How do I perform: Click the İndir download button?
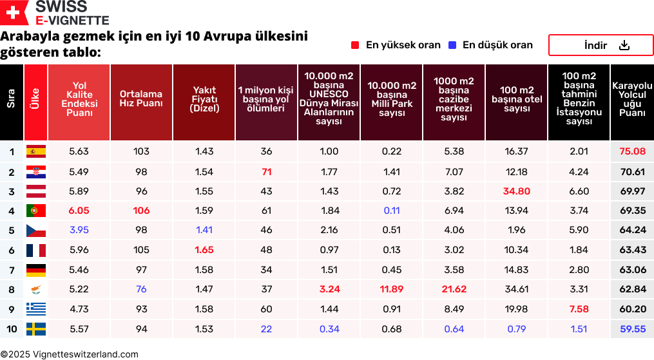coord(601,45)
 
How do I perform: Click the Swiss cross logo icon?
coord(14,13)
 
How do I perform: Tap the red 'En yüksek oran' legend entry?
coord(396,45)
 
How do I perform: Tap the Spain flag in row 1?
coord(35,152)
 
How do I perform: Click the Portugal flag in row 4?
coord(35,211)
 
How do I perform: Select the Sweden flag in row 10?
coord(35,330)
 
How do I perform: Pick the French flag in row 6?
coord(35,251)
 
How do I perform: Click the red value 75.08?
coord(632,152)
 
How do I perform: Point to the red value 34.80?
coord(517,191)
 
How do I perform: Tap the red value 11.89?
coord(392,290)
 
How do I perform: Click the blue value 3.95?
coord(79,231)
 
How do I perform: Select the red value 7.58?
coord(579,310)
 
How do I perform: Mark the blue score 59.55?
coord(632,330)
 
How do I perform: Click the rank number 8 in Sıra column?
coord(12,290)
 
